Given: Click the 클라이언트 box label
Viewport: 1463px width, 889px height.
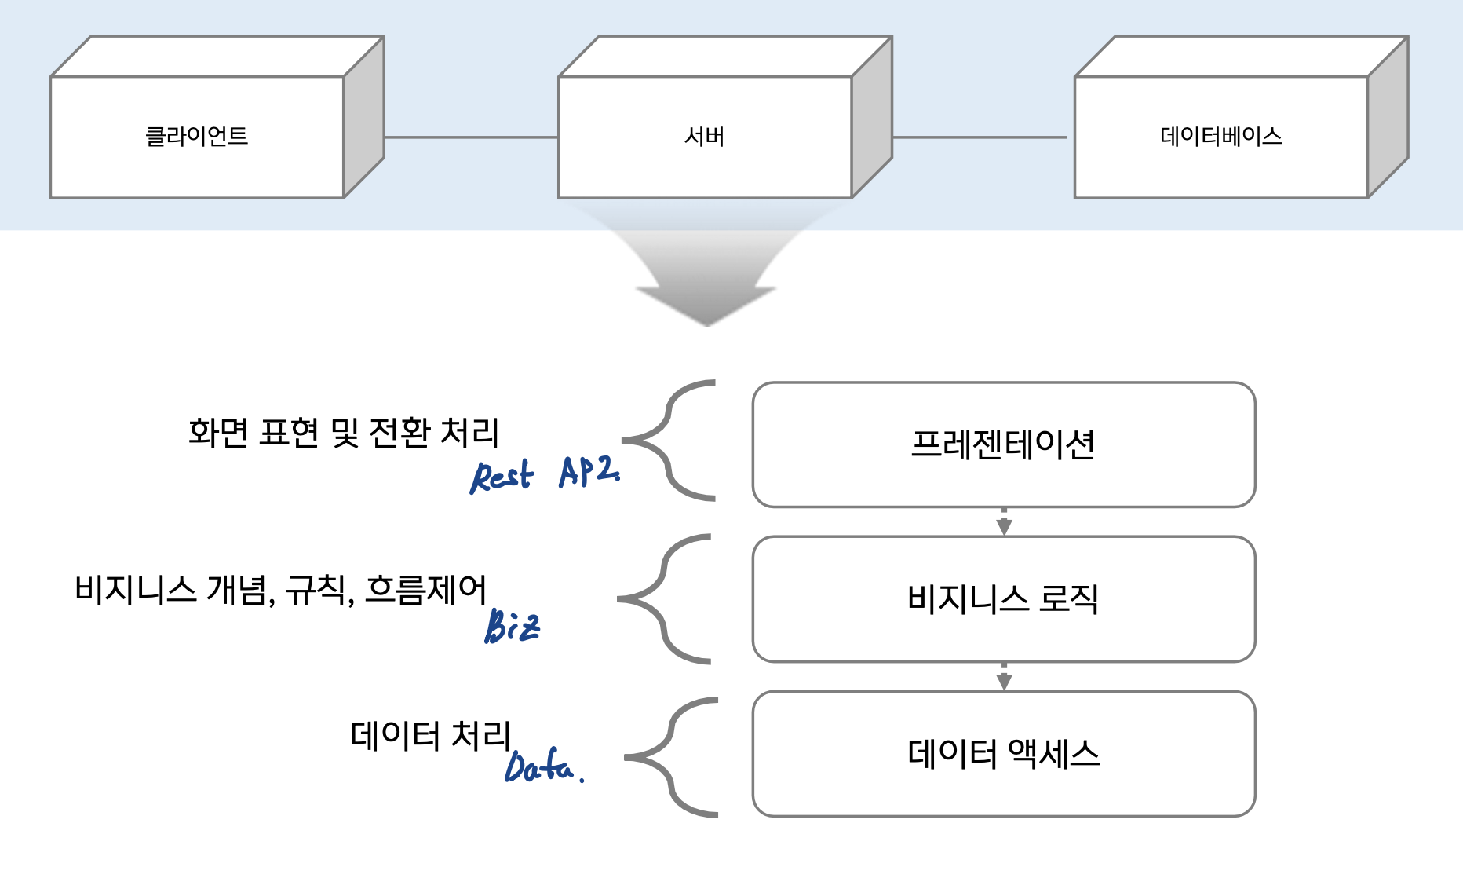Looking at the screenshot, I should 197,137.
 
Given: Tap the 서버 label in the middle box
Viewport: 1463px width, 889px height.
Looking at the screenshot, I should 704,137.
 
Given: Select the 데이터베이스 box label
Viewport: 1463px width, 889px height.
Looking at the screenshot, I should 1220,137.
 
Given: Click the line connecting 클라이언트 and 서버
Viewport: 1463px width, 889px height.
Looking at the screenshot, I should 471,137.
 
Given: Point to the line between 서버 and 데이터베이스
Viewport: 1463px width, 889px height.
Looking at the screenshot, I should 980,137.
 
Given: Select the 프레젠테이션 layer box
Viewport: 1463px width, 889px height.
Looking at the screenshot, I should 1003,444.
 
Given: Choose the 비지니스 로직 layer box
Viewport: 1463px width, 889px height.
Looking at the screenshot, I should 1003,598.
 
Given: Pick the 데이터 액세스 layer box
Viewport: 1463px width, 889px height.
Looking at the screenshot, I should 1003,753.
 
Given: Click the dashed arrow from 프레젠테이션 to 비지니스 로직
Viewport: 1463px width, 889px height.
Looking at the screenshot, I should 1004,521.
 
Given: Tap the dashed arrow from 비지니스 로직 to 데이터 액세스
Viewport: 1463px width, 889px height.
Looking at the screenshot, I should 1004,676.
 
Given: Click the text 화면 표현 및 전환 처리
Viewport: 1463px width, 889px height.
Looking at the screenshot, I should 343,432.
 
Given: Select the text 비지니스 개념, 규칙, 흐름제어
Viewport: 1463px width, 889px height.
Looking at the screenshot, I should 280,589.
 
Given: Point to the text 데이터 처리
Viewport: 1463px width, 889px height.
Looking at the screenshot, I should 430,736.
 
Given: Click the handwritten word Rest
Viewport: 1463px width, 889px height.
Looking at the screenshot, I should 502,476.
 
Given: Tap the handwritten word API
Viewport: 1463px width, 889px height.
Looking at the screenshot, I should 589,471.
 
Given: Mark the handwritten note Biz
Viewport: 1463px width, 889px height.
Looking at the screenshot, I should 512,627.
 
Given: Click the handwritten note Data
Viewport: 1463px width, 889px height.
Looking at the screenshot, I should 542,766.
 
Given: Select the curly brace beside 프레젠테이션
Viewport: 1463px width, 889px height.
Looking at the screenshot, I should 669,441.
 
